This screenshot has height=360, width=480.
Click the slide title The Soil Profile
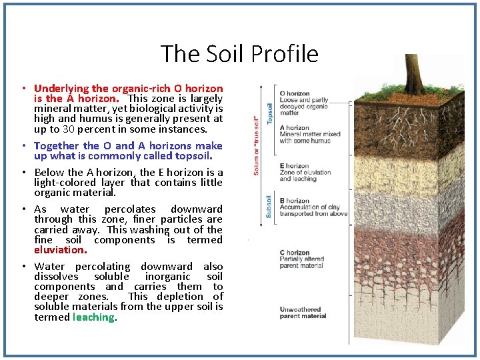[239, 54]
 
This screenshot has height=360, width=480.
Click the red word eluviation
[60, 250]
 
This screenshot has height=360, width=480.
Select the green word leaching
[94, 317]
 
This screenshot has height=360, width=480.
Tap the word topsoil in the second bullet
[191, 156]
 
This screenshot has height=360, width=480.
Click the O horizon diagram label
[295, 94]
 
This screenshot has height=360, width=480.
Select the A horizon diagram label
[294, 127]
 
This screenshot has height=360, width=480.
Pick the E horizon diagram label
[294, 166]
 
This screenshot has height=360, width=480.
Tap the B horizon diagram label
[294, 201]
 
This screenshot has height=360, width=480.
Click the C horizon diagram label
[294, 253]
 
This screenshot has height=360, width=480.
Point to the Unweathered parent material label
[303, 313]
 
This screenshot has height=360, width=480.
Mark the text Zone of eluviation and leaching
[305, 175]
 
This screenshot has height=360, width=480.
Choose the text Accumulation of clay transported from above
[313, 211]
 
